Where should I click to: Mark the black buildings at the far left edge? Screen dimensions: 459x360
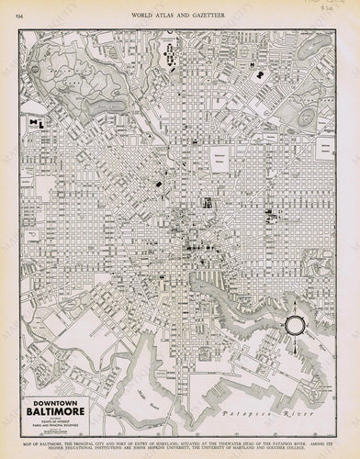39,122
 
